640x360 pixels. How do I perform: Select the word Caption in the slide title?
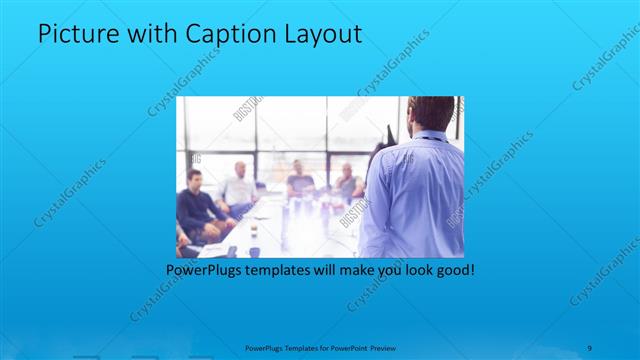[x=222, y=34]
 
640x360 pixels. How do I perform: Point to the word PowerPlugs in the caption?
[x=202, y=270]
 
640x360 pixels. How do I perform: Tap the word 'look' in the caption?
[x=413, y=270]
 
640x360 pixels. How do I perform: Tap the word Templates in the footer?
[x=290, y=348]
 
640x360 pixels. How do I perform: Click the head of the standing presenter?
[x=432, y=113]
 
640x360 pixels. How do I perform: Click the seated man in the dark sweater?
[x=195, y=205]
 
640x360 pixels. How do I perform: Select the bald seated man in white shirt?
[x=240, y=185]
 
